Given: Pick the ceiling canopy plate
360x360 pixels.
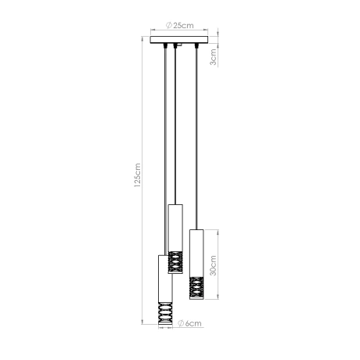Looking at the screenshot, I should pos(179,39).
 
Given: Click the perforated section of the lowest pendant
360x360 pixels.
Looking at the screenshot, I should pos(164,315).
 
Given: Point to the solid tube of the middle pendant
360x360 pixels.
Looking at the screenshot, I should pos(176,226).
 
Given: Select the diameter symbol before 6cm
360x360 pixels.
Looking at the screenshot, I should pos(179,322).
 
